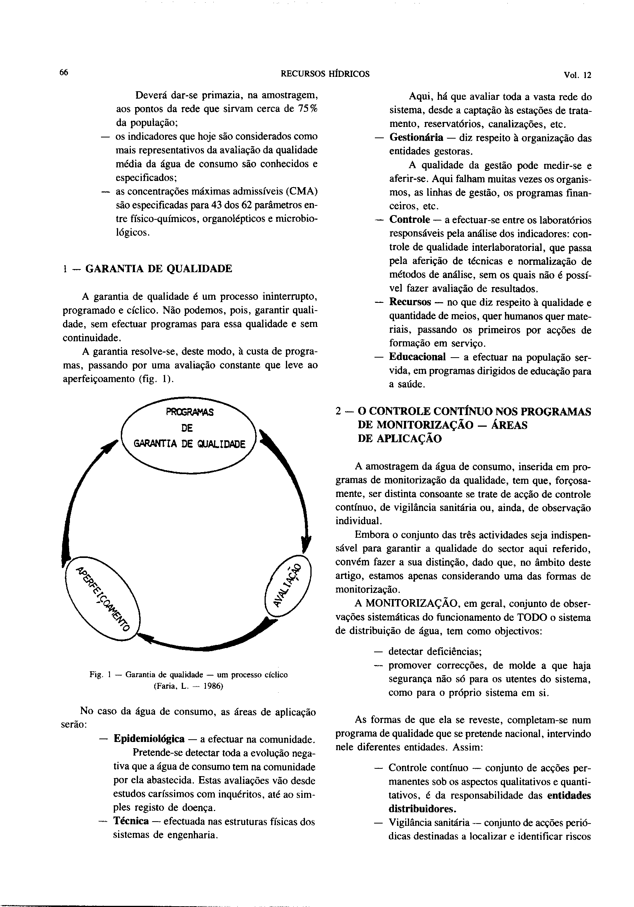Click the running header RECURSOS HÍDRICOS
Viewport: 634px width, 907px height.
point(325,74)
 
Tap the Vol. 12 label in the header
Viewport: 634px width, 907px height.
point(578,75)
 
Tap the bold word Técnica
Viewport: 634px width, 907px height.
point(131,822)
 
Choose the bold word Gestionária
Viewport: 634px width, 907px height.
point(416,137)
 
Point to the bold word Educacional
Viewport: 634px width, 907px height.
point(417,357)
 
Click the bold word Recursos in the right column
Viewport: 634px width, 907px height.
point(410,302)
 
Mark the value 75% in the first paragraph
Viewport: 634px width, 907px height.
point(307,109)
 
